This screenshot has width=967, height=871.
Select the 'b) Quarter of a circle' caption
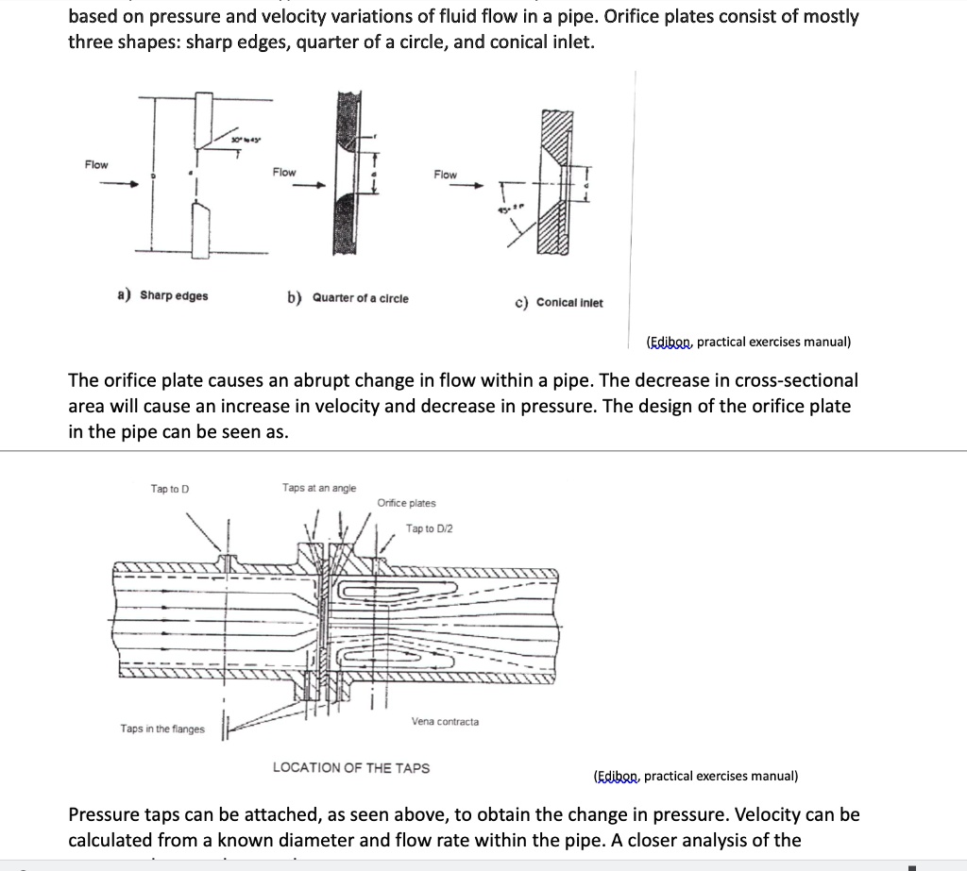pos(348,298)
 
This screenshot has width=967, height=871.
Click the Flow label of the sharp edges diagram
pos(96,165)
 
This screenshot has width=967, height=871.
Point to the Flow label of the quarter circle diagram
pos(284,172)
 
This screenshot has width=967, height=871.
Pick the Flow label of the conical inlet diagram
pos(445,175)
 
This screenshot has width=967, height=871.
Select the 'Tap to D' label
pos(170,489)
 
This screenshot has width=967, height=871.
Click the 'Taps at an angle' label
pos(319,488)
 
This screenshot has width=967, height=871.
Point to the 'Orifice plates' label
pos(406,503)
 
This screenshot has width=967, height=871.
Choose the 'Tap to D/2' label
pos(429,528)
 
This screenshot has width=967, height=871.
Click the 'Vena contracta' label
pos(445,721)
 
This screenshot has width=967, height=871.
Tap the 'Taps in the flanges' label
pos(162,729)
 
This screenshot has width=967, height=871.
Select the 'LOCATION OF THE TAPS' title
pos(351,767)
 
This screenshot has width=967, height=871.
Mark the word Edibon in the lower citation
pos(617,776)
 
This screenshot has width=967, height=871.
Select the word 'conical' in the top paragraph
pos(512,42)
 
